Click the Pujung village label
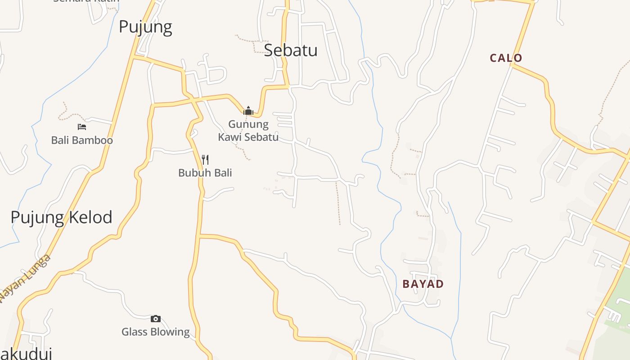(x=145, y=27)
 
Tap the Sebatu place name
(x=291, y=50)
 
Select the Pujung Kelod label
(x=61, y=217)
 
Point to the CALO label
(x=506, y=58)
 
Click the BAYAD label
(x=423, y=284)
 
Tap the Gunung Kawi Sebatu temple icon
(x=248, y=110)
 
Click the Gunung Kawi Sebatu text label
(x=248, y=130)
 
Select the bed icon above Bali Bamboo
(x=81, y=127)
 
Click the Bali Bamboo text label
(x=82, y=140)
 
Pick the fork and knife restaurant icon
(x=205, y=159)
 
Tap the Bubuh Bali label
(x=205, y=173)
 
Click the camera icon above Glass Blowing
(x=155, y=319)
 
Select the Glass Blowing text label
(x=156, y=332)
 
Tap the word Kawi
(x=229, y=137)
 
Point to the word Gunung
(x=248, y=124)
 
